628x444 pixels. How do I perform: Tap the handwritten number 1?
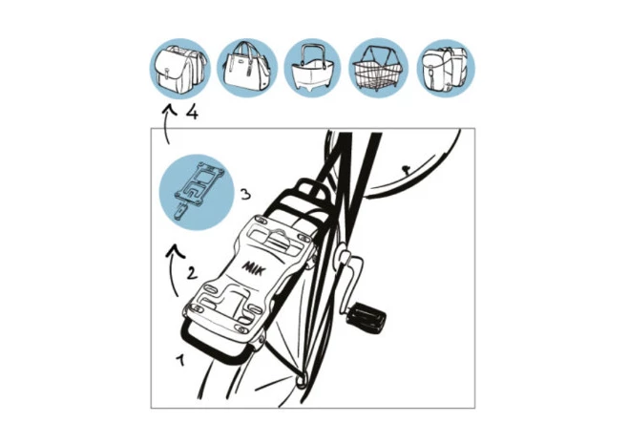coord(180,359)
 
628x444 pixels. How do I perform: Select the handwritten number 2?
coord(193,273)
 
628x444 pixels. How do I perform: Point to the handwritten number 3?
coord(246,195)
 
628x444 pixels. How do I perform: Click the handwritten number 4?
coord(192,113)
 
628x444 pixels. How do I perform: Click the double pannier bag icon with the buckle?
coord(180,69)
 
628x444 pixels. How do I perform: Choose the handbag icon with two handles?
coord(247,69)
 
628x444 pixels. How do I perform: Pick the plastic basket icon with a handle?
coord(312,69)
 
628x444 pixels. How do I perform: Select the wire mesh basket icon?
coord(379,69)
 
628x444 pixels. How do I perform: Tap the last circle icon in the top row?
coord(446,69)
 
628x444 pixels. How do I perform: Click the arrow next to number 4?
coord(167,123)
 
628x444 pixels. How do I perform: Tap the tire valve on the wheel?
coord(405,170)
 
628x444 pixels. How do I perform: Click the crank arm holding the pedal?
coord(347,281)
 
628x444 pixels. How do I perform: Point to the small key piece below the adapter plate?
coord(181,211)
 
